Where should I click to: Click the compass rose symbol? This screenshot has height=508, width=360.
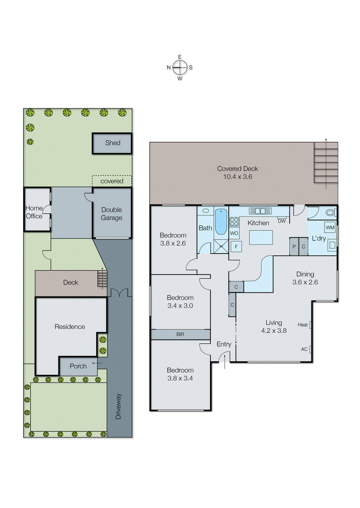point(180,67)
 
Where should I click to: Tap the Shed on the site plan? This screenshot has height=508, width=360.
point(112,143)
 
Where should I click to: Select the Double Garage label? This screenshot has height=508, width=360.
point(112,214)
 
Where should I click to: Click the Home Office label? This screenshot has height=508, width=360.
point(34,212)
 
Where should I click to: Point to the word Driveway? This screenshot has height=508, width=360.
point(118,406)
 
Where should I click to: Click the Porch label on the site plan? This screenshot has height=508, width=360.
point(78,366)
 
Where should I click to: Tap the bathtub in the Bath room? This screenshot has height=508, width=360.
point(221,221)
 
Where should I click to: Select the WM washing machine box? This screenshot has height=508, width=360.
point(330,228)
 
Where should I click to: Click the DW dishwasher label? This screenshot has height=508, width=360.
point(282,221)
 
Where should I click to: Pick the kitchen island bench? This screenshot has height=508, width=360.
point(261,237)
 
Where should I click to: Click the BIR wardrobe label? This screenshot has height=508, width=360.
point(180,334)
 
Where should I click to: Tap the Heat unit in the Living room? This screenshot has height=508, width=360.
point(303,325)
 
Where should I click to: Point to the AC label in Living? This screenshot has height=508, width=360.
point(304,349)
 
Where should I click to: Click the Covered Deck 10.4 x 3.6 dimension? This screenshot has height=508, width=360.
point(238,177)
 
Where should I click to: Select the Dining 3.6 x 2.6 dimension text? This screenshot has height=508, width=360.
point(305,282)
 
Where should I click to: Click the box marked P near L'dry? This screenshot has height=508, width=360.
point(294,247)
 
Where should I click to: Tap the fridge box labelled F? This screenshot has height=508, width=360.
point(236,246)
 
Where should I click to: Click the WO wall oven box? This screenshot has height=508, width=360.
point(234,233)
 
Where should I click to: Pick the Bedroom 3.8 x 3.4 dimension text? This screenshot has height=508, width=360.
point(180,378)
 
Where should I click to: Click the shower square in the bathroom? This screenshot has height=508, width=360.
point(221,246)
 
